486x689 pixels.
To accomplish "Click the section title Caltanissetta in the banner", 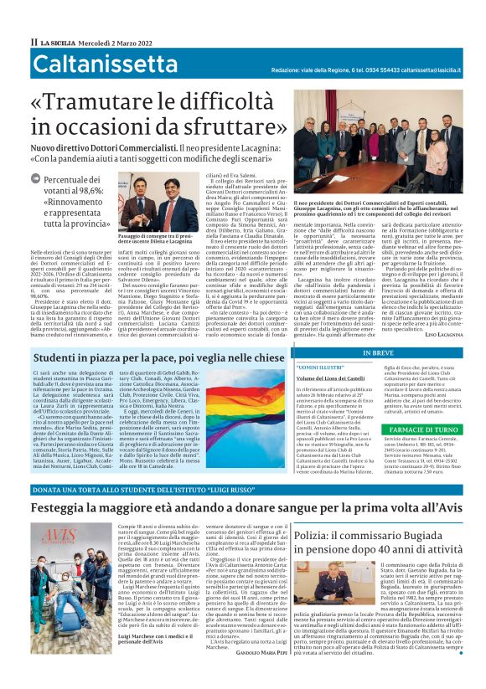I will pos(106,64).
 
